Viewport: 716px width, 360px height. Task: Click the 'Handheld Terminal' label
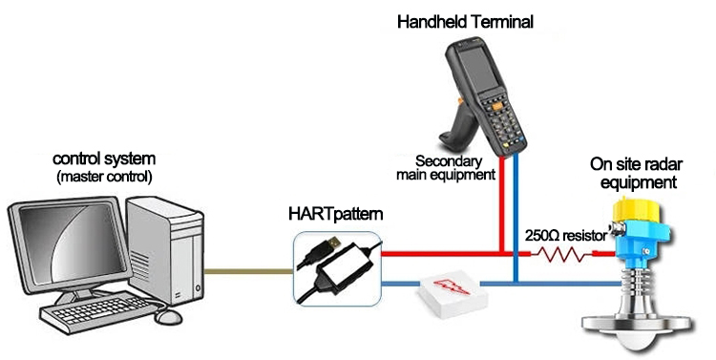[x=465, y=21]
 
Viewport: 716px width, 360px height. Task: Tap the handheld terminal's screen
[x=476, y=69]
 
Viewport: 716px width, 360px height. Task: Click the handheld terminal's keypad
[x=501, y=121]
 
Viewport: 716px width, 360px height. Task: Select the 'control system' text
[x=104, y=159]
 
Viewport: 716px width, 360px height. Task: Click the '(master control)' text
[x=104, y=177]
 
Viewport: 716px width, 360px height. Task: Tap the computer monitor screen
[x=71, y=243]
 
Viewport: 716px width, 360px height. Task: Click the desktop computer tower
[x=164, y=250]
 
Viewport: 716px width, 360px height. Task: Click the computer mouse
[x=168, y=316]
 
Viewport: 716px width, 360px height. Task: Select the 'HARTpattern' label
[x=336, y=214]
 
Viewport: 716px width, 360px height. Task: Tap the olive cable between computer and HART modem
[x=248, y=271]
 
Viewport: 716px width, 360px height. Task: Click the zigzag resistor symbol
[x=564, y=254]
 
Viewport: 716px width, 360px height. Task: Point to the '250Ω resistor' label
[x=565, y=236]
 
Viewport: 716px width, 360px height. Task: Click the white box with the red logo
[x=453, y=296]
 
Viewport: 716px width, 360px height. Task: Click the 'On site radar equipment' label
[x=636, y=173]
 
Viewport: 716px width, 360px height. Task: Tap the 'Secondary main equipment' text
[x=445, y=168]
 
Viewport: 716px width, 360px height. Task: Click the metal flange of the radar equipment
[x=638, y=325]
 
